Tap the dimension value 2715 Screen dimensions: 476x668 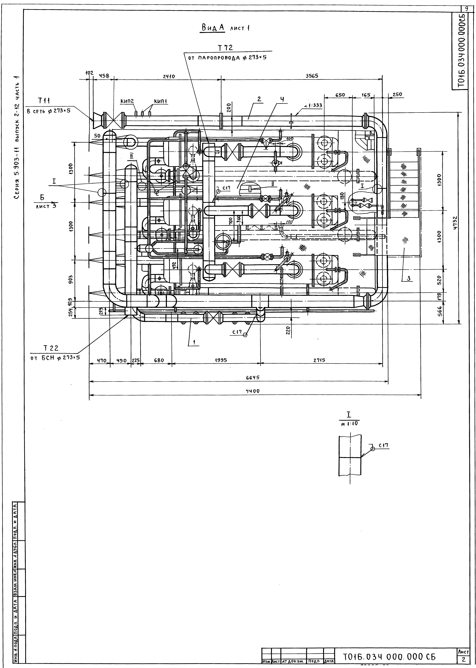pos(320,360)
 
